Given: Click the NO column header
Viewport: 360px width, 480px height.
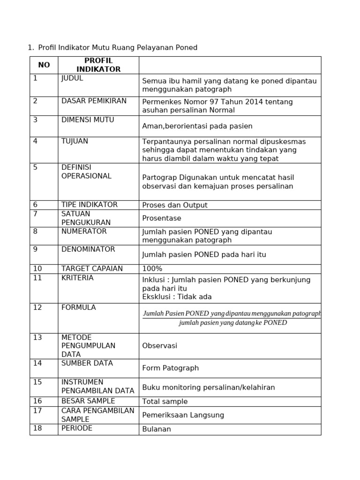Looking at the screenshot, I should click(44, 65).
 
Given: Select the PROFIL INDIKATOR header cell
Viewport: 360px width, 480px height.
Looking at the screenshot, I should click(98, 65).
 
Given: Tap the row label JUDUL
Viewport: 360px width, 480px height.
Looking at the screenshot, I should click(72, 78).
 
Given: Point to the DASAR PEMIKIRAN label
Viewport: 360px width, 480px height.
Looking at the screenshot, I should click(94, 101).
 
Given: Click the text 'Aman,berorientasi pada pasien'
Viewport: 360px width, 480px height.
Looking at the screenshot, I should click(197, 126).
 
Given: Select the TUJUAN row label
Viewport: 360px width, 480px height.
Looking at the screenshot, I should click(75, 141).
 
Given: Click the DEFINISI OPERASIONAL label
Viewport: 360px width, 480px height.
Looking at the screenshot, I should click(86, 172).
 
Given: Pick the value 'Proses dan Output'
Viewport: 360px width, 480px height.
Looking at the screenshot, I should click(174, 205).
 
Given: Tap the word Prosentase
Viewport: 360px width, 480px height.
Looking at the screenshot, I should click(161, 218).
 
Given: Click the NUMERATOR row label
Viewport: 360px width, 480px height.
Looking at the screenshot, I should click(84, 231).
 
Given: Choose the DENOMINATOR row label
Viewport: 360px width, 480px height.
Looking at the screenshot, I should click(88, 249).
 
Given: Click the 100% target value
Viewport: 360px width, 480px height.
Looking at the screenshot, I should click(152, 269).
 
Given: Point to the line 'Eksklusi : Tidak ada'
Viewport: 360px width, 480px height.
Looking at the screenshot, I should click(177, 297).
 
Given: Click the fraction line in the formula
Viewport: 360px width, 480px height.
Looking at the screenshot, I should click(232, 318).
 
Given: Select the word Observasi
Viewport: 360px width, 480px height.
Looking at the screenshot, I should click(159, 345).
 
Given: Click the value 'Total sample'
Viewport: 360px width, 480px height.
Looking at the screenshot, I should click(165, 401).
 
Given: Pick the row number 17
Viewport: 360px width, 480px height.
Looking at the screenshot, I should click(37, 411).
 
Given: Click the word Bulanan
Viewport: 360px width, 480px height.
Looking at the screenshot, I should click(157, 429).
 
